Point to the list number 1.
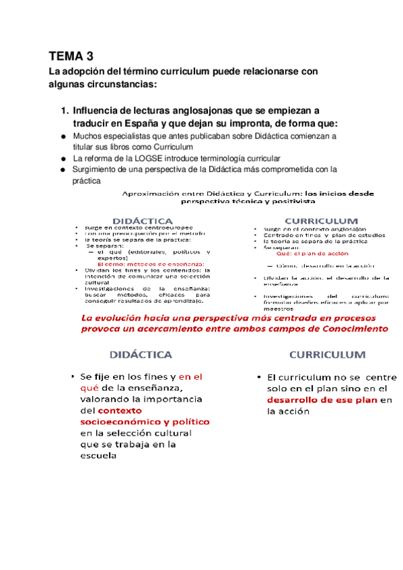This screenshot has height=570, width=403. pos(65,110)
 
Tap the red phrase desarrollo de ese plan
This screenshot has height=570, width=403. pos(322,401)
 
